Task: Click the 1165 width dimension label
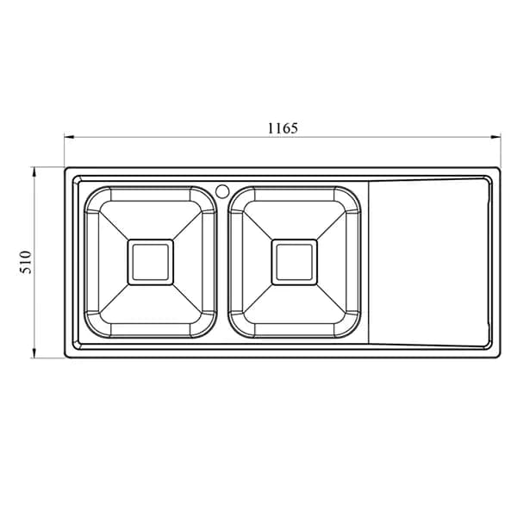[x=283, y=128]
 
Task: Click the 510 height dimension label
[x=26, y=262]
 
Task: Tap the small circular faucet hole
[x=222, y=191]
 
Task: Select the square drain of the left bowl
[x=150, y=262]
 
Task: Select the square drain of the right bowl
[x=294, y=262]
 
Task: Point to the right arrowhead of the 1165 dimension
[x=496, y=137]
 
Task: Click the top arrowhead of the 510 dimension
[x=34, y=172]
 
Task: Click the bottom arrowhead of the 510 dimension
[x=34, y=353]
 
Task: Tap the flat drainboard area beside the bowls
[x=428, y=262]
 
